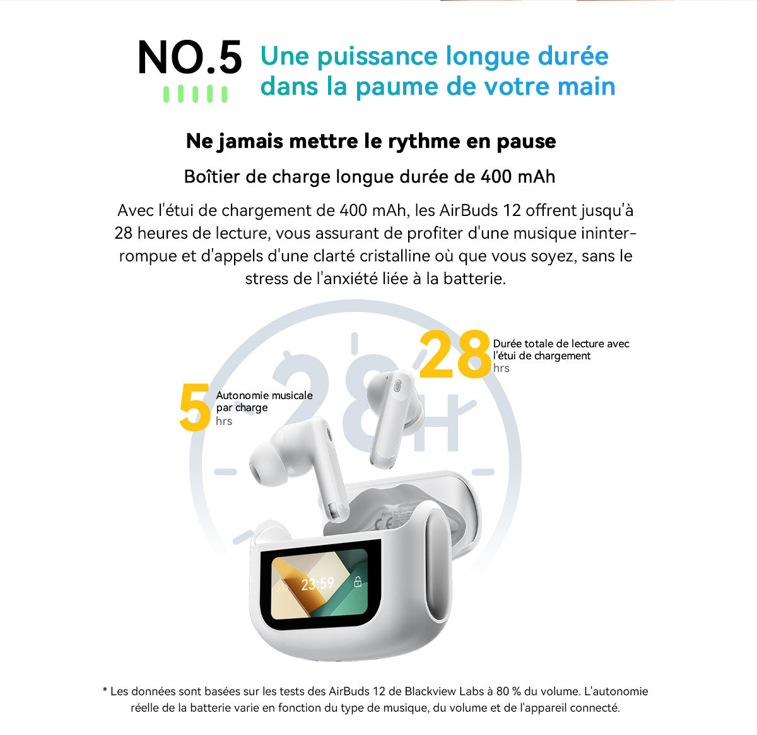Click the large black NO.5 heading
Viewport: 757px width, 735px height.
pyautogui.click(x=189, y=58)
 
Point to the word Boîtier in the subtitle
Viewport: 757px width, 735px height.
pyautogui.click(x=212, y=176)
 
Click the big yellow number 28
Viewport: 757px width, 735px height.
pyautogui.click(x=454, y=355)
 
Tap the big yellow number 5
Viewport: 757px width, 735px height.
pyautogui.click(x=194, y=408)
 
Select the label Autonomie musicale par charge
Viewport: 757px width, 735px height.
pyautogui.click(x=264, y=402)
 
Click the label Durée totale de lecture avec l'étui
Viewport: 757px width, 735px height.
pyautogui.click(x=561, y=350)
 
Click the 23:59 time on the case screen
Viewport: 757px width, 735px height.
pyautogui.click(x=317, y=583)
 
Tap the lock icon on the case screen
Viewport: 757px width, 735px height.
pyautogui.click(x=358, y=582)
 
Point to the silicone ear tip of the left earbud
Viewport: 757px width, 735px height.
pyautogui.click(x=264, y=469)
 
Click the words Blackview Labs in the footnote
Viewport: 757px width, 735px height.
pyautogui.click(x=442, y=691)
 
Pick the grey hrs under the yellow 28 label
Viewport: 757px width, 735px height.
pyautogui.click(x=502, y=368)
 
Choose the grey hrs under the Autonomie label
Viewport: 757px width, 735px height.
pyautogui.click(x=224, y=421)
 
